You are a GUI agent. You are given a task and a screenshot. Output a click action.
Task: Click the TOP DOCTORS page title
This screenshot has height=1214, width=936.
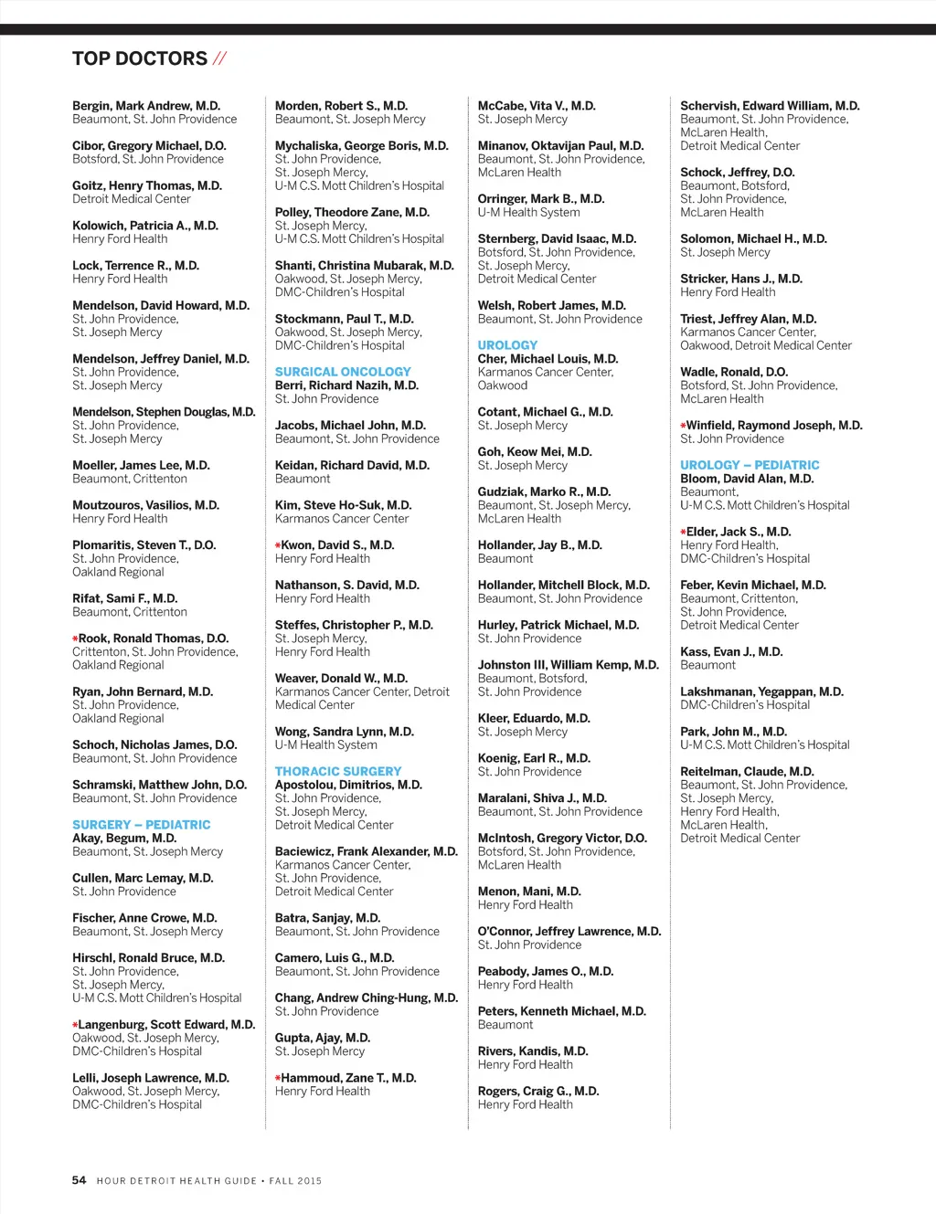pos(140,59)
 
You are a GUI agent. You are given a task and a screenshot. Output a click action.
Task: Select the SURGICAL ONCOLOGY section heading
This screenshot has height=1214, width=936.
pos(343,372)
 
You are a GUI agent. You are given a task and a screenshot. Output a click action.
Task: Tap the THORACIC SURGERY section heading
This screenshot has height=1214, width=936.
pos(338,771)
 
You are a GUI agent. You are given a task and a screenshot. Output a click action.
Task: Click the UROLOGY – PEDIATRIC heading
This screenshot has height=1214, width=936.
pos(750,465)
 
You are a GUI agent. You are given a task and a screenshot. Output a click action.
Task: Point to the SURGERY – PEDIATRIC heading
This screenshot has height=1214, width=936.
pos(142,824)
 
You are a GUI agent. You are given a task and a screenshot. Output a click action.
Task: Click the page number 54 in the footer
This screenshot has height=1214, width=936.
pos(80,1180)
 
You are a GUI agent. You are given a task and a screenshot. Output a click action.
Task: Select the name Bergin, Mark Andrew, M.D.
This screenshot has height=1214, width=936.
pos(146,106)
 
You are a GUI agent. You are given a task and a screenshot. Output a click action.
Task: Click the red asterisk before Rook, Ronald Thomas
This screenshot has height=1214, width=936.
pos(75,639)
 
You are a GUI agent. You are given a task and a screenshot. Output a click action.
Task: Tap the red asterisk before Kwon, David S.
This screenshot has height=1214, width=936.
pos(278,545)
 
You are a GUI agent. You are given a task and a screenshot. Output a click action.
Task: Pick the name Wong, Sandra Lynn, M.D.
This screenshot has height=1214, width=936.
pos(345,732)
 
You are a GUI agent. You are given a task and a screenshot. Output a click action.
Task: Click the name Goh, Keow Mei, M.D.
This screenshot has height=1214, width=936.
pos(535,452)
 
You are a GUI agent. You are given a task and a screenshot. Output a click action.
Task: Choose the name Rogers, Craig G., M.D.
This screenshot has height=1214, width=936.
pos(538,1091)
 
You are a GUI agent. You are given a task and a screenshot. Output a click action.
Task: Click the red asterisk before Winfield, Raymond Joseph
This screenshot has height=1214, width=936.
pos(683,426)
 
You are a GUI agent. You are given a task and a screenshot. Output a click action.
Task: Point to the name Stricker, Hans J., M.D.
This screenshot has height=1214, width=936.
pos(741,279)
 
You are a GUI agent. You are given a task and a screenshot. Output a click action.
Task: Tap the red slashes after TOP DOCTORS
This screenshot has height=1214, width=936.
pos(219,59)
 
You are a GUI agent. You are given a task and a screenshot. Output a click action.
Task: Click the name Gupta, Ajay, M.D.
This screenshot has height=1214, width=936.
pos(323,1038)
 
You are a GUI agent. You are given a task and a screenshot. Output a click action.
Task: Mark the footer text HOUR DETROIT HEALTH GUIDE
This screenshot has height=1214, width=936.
pos(176,1181)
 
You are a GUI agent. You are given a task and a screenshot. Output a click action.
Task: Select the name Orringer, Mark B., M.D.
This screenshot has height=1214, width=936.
pos(541,198)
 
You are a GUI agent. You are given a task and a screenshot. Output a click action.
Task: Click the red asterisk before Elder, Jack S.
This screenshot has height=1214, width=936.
pos(683,532)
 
